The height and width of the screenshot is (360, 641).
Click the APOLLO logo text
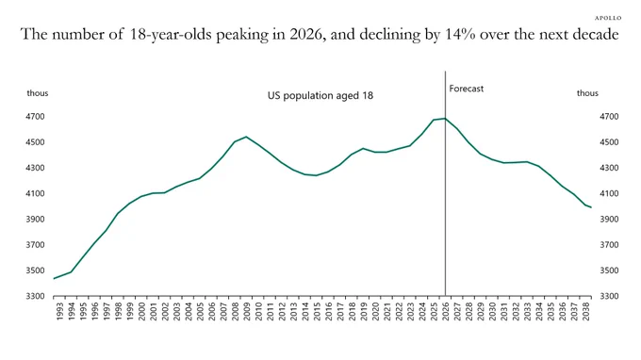click(608, 18)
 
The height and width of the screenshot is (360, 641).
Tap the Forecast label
click(466, 89)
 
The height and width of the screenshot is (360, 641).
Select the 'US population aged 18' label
click(320, 95)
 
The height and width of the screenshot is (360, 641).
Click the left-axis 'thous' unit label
click(38, 93)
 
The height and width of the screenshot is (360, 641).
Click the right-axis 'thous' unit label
click(587, 93)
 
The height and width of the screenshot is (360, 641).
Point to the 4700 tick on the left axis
click(35, 117)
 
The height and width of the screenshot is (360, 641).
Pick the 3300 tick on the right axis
click(609, 296)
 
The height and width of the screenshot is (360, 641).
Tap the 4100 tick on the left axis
click(35, 193)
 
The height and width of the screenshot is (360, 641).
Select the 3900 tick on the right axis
click(609, 219)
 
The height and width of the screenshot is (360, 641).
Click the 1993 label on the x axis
click(59, 311)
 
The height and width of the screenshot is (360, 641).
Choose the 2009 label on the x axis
click(247, 311)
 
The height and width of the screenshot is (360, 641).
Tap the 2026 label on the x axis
click(446, 311)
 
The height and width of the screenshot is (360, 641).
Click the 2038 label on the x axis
click(585, 311)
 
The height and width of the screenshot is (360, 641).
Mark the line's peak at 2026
click(445, 119)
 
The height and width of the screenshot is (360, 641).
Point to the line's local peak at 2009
click(246, 137)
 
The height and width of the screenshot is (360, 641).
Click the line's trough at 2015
click(316, 175)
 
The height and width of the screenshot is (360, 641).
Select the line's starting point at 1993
click(54, 279)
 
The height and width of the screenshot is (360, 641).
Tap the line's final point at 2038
click(591, 207)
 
